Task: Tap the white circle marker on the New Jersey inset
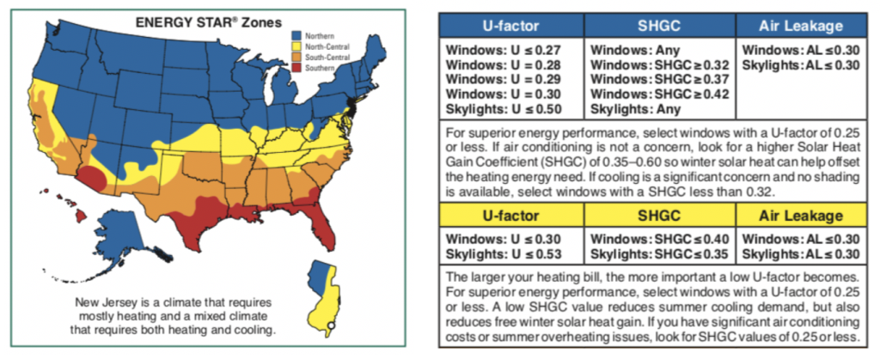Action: (330, 325)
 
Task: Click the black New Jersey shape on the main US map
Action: (351, 107)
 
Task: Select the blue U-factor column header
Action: (511, 26)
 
